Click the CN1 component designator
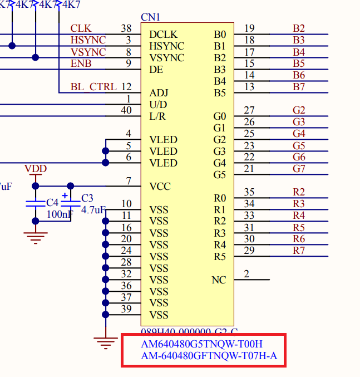[x=150, y=17]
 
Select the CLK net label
[x=81, y=28]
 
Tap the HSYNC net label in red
[x=88, y=40]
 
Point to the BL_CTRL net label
[x=93, y=87]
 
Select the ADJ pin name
[x=158, y=92]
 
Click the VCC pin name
[x=160, y=186]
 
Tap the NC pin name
[x=219, y=280]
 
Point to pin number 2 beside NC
[x=246, y=274]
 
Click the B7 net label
[x=299, y=87]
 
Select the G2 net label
[x=299, y=110]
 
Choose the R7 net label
[x=299, y=251]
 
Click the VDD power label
[x=36, y=169]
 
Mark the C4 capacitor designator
[x=52, y=202]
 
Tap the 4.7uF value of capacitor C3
[x=93, y=210]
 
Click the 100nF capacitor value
[x=60, y=214]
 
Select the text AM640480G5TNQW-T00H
[x=202, y=344]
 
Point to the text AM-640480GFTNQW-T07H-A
[x=209, y=356]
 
